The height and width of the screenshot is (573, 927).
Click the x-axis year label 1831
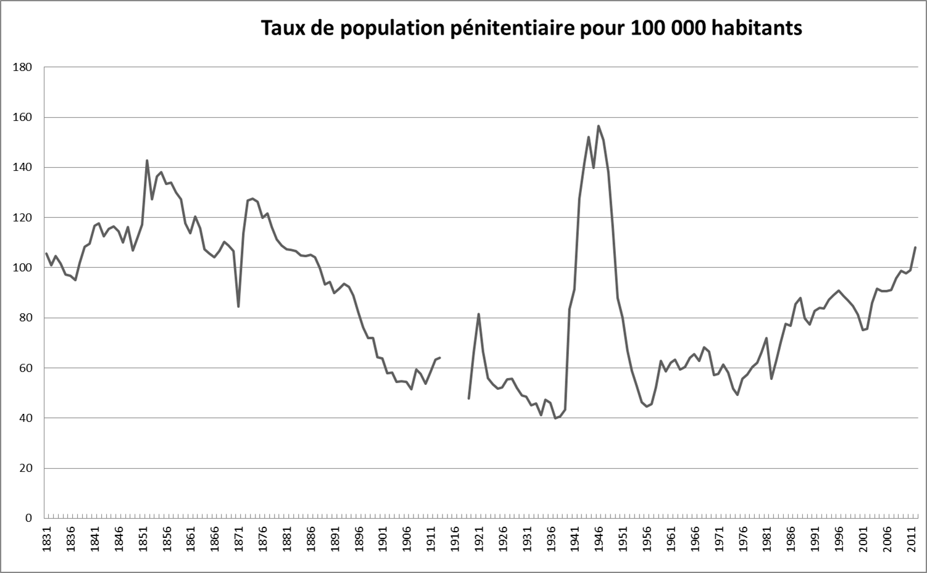click(47, 539)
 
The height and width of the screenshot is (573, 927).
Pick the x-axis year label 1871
click(239, 539)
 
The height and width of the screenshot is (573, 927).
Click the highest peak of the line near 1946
click(599, 126)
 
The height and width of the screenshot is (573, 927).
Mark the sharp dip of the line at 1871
click(238, 307)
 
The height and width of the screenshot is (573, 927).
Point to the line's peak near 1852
click(147, 160)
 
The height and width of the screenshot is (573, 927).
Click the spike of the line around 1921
click(478, 314)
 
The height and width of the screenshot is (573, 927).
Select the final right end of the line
click(915, 247)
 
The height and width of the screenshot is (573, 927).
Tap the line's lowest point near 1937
click(555, 418)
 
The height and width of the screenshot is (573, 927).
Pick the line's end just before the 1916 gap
click(440, 358)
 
